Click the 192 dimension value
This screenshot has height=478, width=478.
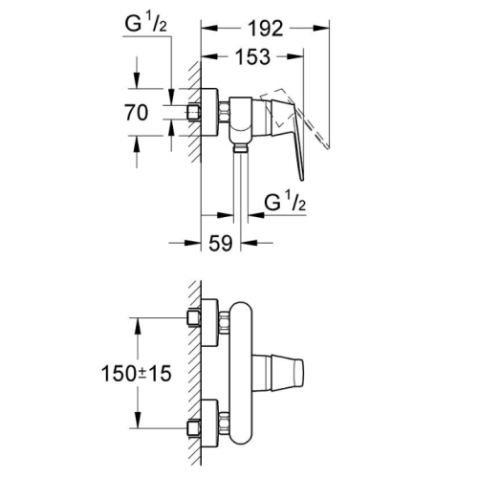(x=266, y=29)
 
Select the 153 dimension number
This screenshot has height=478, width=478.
(x=252, y=57)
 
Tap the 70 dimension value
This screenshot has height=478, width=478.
(x=137, y=113)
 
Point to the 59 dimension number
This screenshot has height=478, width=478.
(x=221, y=243)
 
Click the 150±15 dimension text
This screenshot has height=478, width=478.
(x=137, y=373)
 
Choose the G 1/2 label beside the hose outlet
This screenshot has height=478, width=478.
(x=285, y=202)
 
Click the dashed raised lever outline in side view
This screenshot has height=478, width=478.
(x=294, y=118)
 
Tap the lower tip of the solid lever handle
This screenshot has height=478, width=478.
(x=302, y=181)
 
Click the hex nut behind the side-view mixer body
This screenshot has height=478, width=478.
(x=225, y=113)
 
